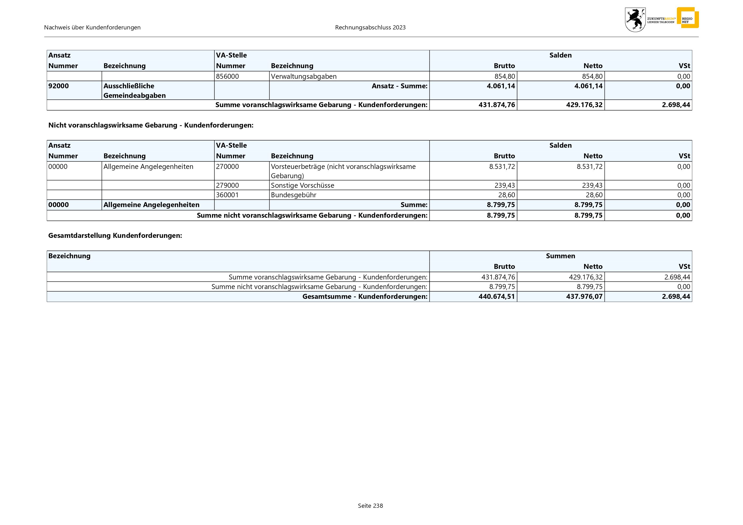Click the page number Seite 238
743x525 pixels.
pyautogui.click(x=370, y=506)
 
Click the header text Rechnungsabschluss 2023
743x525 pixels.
pyautogui.click(x=370, y=28)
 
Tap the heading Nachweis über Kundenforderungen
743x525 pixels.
pyautogui.click(x=92, y=28)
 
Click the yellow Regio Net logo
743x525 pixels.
pyautogui.click(x=687, y=18)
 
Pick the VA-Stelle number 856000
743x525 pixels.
pyautogui.click(x=227, y=76)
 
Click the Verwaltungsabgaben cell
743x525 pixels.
pyautogui.click(x=304, y=76)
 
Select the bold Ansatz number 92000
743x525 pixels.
pyautogui.click(x=59, y=86)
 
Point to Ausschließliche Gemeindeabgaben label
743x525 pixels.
pyautogui.click(x=134, y=90)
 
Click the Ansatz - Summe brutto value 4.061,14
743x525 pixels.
pyautogui.click(x=501, y=86)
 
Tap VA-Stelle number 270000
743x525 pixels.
pyautogui.click(x=227, y=167)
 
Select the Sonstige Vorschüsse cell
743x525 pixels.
pyautogui.click(x=302, y=185)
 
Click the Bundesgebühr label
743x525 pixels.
pyautogui.click(x=293, y=195)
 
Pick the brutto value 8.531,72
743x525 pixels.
pyautogui.click(x=502, y=167)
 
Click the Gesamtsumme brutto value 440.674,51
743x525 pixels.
pyautogui.click(x=497, y=296)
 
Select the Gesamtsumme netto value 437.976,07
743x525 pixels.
pyautogui.click(x=584, y=296)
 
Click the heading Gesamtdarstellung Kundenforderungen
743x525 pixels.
pyautogui.click(x=115, y=235)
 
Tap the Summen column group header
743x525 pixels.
pyautogui.click(x=560, y=256)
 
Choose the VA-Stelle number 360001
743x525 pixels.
pyautogui.click(x=227, y=195)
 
